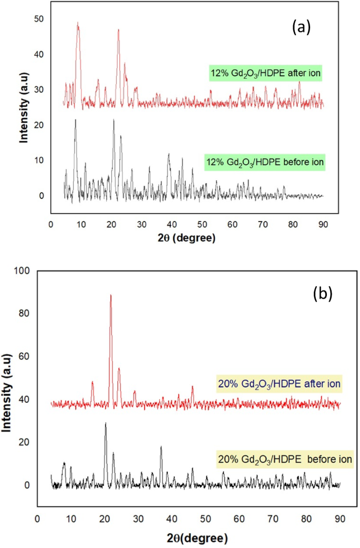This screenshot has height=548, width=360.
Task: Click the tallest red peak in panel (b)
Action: pos(110,295)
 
